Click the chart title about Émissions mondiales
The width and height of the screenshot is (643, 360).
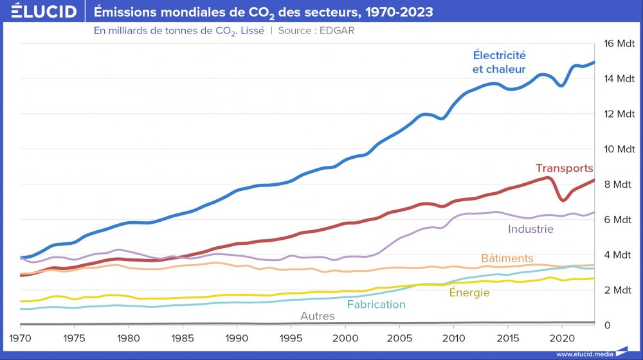(x=263, y=12)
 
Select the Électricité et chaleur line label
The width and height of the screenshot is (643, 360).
(x=499, y=62)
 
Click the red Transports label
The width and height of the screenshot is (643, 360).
(x=564, y=168)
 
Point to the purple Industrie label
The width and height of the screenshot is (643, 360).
(x=530, y=228)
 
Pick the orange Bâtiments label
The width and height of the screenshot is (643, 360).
(x=507, y=258)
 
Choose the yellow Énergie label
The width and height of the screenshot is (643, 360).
(x=469, y=293)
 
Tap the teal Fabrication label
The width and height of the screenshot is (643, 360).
(x=376, y=305)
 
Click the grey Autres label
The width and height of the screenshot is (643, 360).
(x=318, y=316)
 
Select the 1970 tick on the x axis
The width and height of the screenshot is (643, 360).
(x=20, y=337)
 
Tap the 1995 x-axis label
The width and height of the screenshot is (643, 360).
(x=291, y=337)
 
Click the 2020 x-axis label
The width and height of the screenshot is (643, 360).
(x=562, y=337)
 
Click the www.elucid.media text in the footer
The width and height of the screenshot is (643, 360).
(x=583, y=354)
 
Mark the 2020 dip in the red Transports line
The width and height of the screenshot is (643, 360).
(x=563, y=200)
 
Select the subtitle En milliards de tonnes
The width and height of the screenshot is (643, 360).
(x=179, y=30)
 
